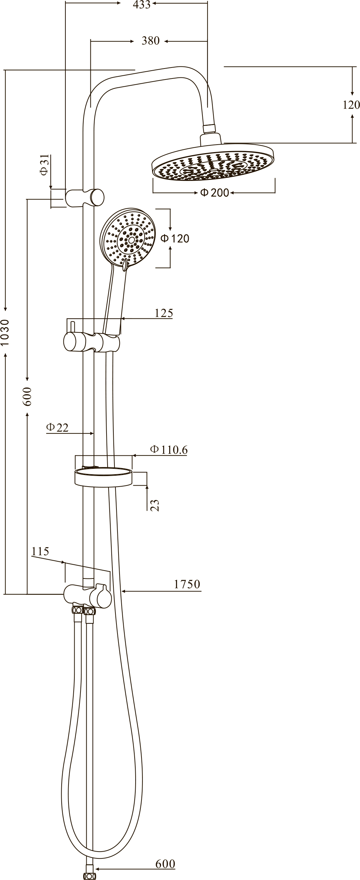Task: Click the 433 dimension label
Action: point(142,4)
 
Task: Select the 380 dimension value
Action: point(151,41)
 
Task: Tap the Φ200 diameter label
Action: point(214,193)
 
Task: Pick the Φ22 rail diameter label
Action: point(58,427)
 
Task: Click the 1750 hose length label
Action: point(187,584)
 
